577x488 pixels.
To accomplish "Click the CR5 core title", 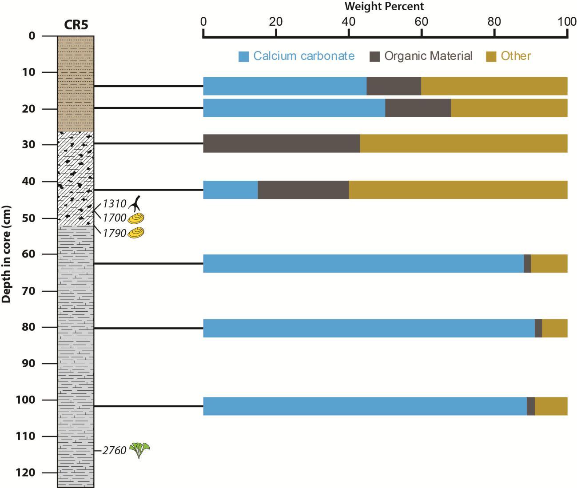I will point(76,25).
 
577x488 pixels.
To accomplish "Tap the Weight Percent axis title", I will point(384,6).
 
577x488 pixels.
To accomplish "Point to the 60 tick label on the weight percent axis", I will point(421,21).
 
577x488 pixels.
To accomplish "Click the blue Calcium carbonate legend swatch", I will point(243,56).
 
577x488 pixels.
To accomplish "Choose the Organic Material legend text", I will point(428,56).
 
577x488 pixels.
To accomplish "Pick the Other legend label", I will point(516,56).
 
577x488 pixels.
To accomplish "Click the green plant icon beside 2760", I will point(139,450).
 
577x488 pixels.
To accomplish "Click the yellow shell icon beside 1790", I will point(136,233).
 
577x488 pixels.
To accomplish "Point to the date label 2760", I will point(115,451).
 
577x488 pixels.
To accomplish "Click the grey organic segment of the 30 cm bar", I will point(281,143).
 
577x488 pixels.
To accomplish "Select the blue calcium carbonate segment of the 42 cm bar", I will point(230,190).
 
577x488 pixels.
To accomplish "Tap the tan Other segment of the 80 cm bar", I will point(554,328).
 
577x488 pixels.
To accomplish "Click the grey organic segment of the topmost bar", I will point(394,86).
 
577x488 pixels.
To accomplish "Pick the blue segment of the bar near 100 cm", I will point(364,406).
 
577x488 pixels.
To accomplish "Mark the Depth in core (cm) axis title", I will point(6,254).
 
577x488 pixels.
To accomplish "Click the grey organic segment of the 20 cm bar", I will point(418,108).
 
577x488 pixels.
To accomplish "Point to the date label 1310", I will point(115,204).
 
